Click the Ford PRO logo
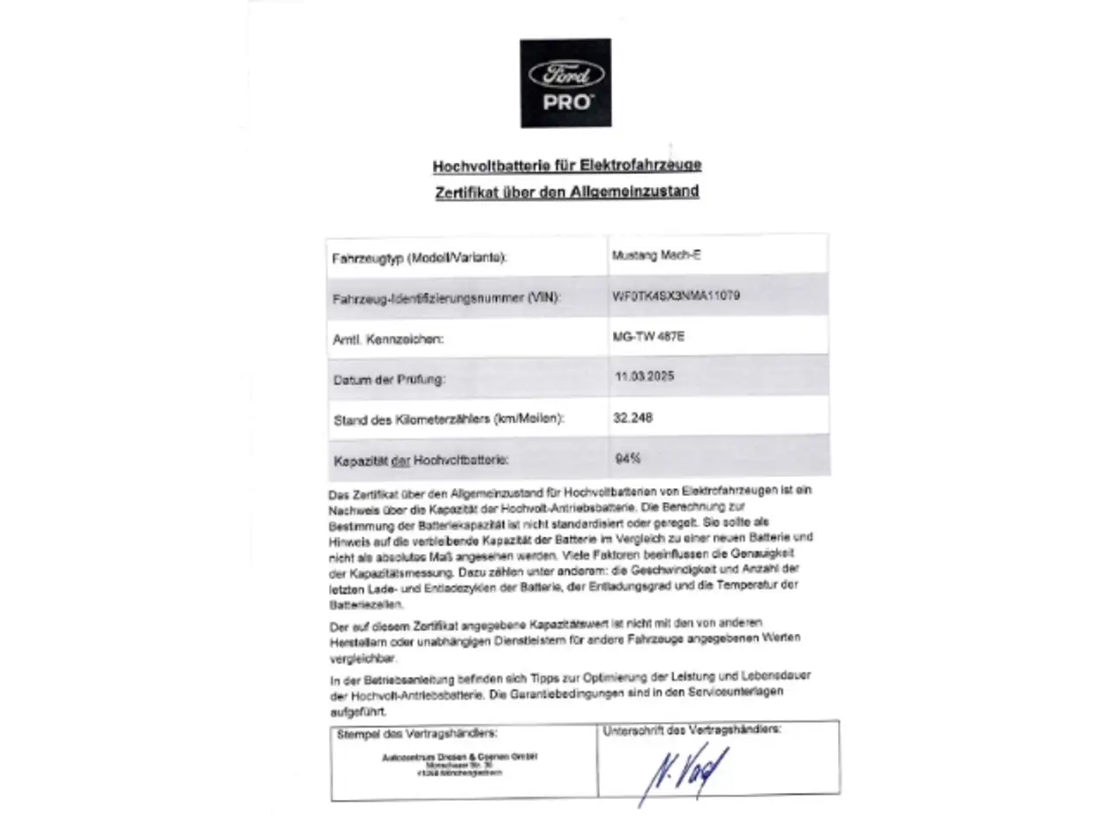565,83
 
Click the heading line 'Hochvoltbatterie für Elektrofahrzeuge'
567,164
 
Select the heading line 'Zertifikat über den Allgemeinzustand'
567,191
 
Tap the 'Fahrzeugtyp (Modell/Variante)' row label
419,258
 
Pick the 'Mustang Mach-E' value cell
656,255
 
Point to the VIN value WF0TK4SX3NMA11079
676,295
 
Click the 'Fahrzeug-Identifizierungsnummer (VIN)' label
447,299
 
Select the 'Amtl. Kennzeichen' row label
388,339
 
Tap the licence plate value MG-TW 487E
648,336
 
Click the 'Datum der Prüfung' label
389,379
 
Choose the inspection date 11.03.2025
644,377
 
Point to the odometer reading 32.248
633,417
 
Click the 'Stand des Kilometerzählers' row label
448,420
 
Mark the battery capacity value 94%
628,459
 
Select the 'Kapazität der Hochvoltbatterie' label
421,461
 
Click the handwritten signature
684,770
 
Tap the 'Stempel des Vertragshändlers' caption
416,733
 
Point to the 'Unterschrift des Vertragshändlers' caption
692,730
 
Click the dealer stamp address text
461,764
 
